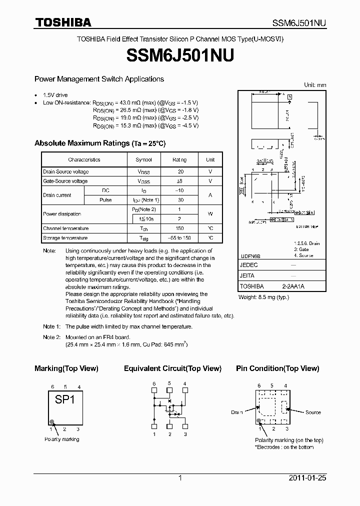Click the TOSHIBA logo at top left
point(62,22)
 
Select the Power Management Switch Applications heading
point(99,79)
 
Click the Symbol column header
point(143,159)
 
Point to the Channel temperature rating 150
point(179,228)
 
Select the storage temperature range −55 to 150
point(179,238)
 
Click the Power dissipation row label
point(62,214)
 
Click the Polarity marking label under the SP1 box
point(61,439)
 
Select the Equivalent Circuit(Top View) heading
point(172,368)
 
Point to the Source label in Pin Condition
point(313,412)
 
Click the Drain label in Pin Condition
point(237,412)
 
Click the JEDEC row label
point(248,265)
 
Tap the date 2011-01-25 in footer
point(307,478)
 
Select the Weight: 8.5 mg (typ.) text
point(263,297)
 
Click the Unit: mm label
point(315,85)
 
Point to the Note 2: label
point(51,337)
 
